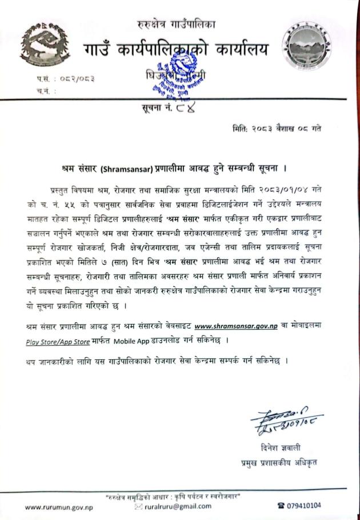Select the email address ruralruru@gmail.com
coord(179,506)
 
